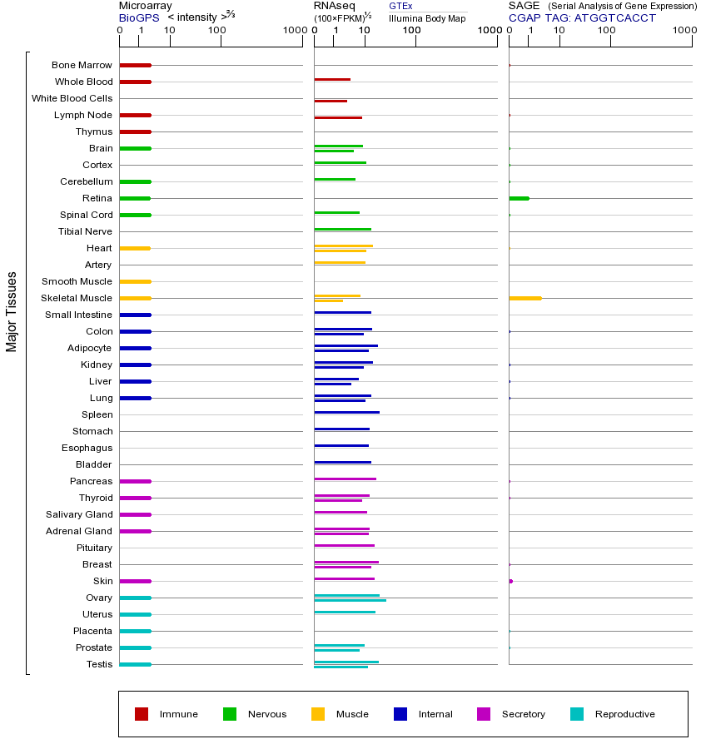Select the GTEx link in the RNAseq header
[400, 6]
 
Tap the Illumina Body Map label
[427, 18]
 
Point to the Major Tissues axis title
[12, 311]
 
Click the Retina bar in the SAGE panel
[519, 198]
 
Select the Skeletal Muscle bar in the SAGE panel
[525, 298]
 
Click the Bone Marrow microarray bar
[135, 65]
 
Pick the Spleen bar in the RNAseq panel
[346, 412]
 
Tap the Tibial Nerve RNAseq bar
[342, 229]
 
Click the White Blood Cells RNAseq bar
[331, 101]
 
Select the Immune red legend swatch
[142, 714]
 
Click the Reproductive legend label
[624, 714]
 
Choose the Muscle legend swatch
[318, 714]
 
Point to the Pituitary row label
[93, 548]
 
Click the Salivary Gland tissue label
[79, 514]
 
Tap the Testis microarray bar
[135, 664]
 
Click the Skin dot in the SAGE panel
[510, 581]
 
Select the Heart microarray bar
[135, 248]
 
